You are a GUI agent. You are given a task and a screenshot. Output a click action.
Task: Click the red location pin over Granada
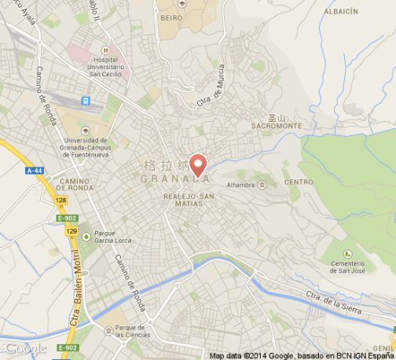(198, 163)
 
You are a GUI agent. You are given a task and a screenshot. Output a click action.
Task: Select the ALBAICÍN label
(339, 11)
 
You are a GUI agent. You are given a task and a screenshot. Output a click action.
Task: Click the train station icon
(85, 101)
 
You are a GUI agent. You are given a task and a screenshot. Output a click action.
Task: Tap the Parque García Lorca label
(112, 237)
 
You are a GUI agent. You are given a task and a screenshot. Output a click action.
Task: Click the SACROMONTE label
(276, 125)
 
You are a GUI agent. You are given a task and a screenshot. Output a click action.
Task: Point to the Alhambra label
(240, 184)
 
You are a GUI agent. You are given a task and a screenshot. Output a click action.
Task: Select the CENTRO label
(299, 182)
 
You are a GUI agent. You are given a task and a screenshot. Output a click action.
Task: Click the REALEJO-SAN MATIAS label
(182, 200)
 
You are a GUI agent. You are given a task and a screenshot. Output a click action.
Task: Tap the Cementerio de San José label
(346, 266)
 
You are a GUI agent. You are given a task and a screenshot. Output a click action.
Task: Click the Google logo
(25, 348)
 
